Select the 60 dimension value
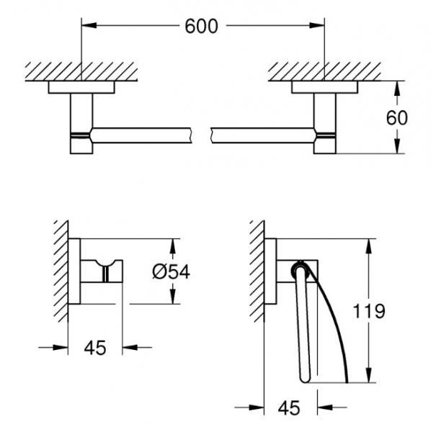pos(396,117)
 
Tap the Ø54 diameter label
pos(191,272)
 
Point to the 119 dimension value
pos(370,311)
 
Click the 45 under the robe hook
pos(95,348)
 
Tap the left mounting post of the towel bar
pos(81,122)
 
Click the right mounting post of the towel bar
pos(324,122)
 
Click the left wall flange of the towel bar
pos(81,87)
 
